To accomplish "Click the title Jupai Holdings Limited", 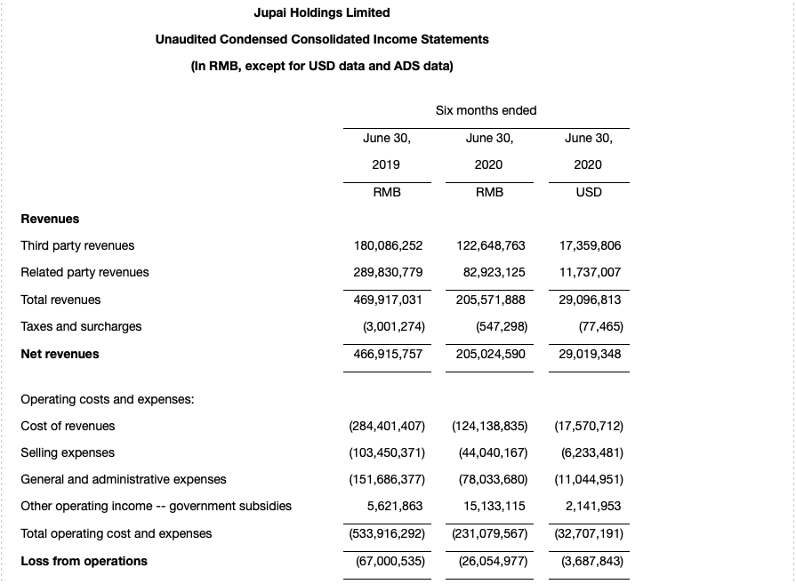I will pos(321,12).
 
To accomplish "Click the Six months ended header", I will pos(486,110).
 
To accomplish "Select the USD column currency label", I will pos(588,192).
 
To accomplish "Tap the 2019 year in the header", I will pos(386,164).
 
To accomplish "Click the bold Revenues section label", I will pos(50,219).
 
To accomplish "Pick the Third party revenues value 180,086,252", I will pos(388,245).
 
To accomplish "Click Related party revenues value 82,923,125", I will pos(490,272).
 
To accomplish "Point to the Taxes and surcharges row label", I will pos(81,326).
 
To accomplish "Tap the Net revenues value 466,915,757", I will pos(388,354).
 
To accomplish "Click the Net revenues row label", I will pos(60,354).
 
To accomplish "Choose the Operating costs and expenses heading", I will pos(107,399).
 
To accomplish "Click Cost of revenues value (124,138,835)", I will pos(490,426).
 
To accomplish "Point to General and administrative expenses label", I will pos(124,479).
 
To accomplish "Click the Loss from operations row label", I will pos(84,561).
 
